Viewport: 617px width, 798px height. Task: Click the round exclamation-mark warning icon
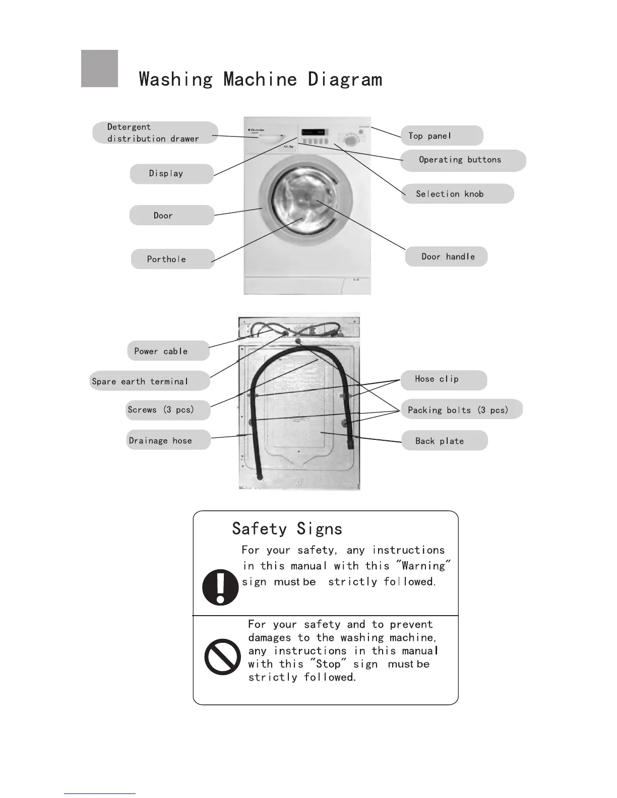click(x=220, y=587)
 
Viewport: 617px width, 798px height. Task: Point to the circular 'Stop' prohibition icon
click(x=222, y=656)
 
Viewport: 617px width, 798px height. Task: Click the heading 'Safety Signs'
click(x=287, y=529)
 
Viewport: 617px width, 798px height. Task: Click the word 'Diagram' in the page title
click(x=345, y=80)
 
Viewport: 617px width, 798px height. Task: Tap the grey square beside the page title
click(x=100, y=69)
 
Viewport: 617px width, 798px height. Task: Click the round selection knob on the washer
click(x=349, y=140)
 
